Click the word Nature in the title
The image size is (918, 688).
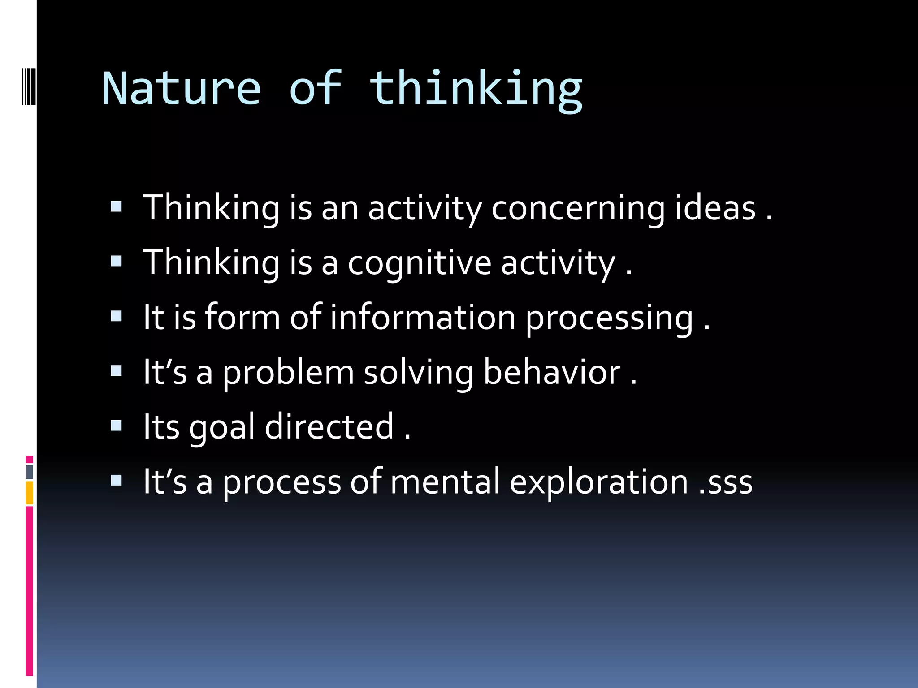pyautogui.click(x=181, y=89)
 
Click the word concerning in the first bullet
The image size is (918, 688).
pyautogui.click(x=578, y=208)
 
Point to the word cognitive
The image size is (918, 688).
pyautogui.click(x=420, y=263)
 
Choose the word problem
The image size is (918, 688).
pyautogui.click(x=288, y=373)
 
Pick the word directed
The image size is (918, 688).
pyautogui.click(x=329, y=426)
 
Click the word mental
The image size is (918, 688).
pyautogui.click(x=445, y=482)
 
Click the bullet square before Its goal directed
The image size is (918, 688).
pyautogui.click(x=116, y=425)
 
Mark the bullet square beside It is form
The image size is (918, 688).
pyautogui.click(x=116, y=316)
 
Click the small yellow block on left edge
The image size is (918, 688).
pyautogui.click(x=29, y=493)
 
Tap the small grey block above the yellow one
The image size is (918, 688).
pyautogui.click(x=29, y=472)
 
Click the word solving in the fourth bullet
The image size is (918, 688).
pyautogui.click(x=418, y=373)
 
